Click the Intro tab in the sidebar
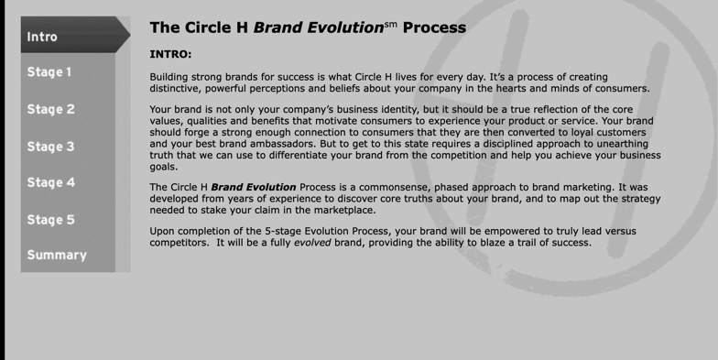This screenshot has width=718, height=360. tap(42, 37)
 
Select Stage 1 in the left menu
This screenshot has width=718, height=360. tap(49, 72)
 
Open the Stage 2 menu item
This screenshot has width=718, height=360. tap(50, 110)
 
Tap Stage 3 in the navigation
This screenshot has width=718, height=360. tap(50, 147)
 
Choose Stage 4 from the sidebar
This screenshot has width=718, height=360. tap(50, 182)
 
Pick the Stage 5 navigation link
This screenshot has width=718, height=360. tap(50, 220)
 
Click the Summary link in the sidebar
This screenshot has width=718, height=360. tap(57, 256)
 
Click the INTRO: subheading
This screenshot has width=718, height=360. tap(170, 54)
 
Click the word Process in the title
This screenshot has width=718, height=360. tap(434, 28)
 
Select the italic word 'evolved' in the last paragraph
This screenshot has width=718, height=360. tap(312, 243)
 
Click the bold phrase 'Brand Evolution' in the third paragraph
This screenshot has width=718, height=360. tap(253, 187)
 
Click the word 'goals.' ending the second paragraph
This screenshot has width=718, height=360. tap(164, 167)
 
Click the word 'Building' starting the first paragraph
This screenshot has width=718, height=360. tap(171, 77)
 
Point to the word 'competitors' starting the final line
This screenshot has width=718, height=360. tap(179, 243)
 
